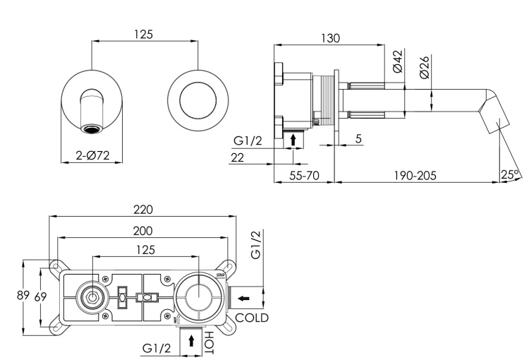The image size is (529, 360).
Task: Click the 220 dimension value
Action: pos(143,210)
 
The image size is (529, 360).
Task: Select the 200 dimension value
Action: pos(143,230)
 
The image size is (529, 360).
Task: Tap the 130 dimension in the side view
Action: pos(329,38)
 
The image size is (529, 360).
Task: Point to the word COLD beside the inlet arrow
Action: pos(252,318)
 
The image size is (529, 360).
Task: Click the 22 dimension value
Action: pos(238,157)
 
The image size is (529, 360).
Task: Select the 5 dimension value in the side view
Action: pos(358,139)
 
